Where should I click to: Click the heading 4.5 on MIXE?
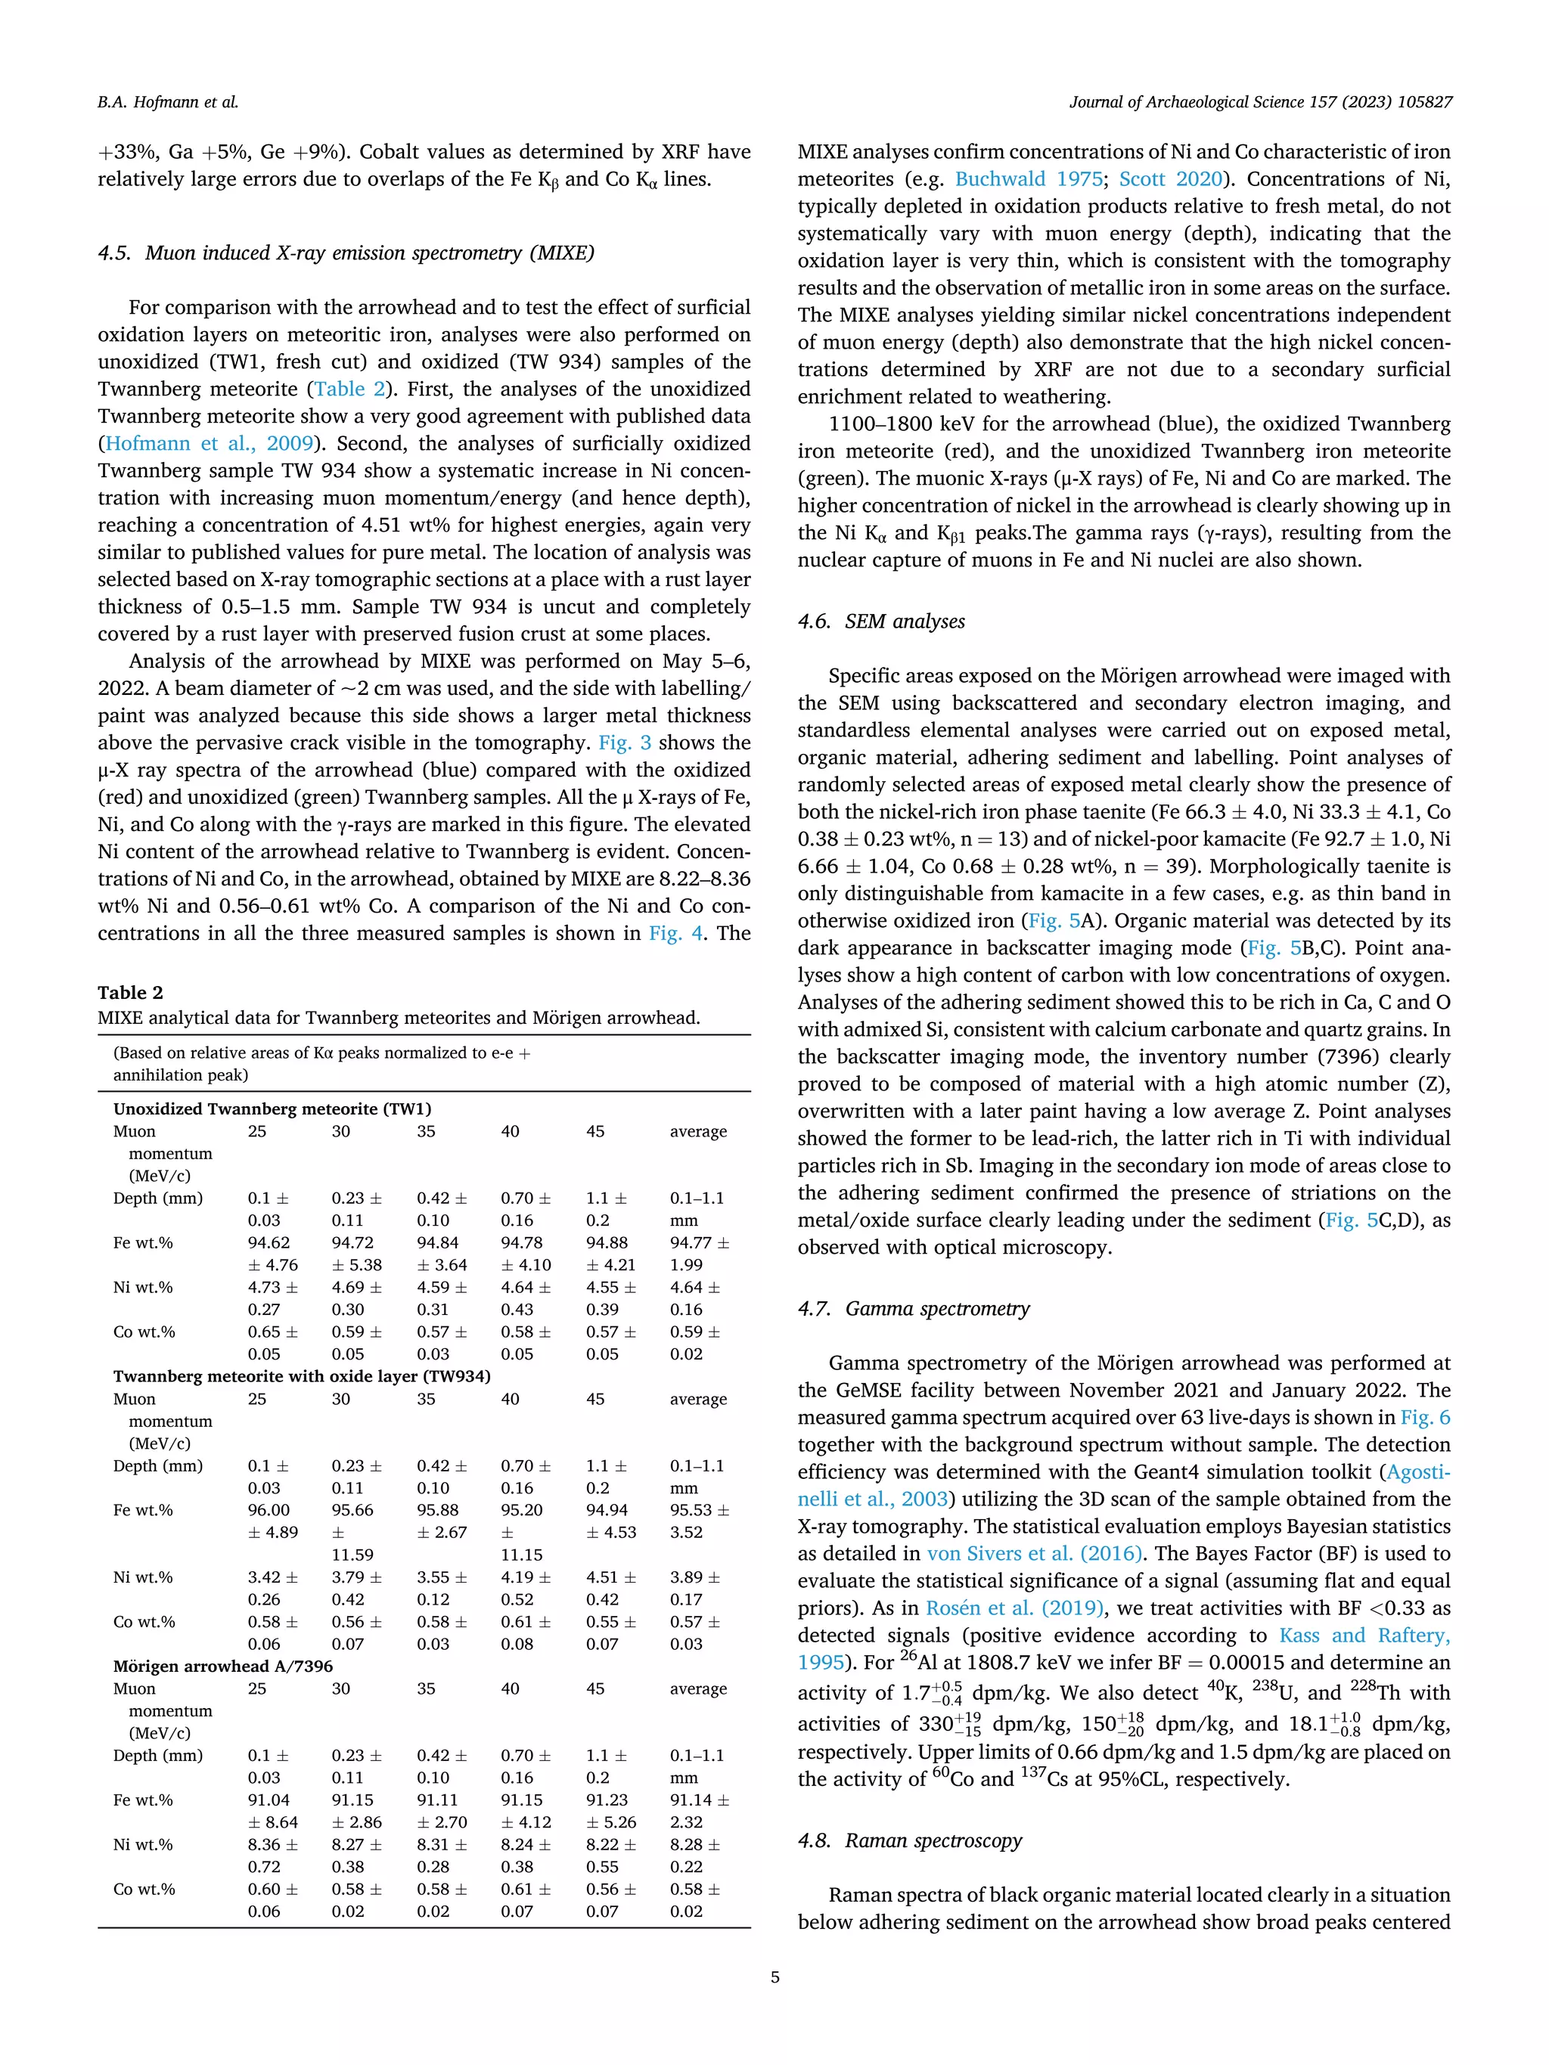346,253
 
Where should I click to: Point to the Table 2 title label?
130,992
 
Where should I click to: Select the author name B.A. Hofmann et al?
168,103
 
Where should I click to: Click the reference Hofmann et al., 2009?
208,443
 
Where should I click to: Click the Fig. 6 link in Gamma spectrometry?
1426,1417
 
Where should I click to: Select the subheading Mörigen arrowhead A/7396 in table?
222,1667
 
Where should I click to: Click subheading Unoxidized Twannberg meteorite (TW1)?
272,1109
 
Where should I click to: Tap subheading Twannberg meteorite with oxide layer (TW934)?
302,1376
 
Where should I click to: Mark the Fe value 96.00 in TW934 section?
268,1511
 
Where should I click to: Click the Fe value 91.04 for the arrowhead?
268,1800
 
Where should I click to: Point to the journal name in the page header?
1261,103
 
